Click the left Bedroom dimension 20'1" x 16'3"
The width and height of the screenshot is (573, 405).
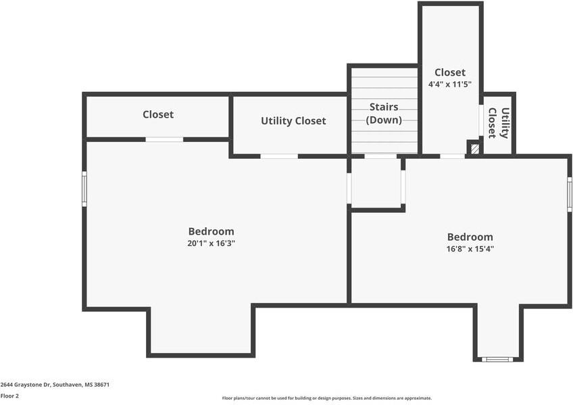click(x=211, y=243)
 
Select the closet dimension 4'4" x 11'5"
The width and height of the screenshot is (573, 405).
click(x=449, y=85)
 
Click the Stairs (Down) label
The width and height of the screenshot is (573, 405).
click(x=384, y=114)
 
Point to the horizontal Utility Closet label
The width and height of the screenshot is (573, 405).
click(x=293, y=121)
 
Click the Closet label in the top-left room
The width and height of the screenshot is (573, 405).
click(x=158, y=115)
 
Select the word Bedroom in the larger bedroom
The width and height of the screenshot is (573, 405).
click(x=211, y=231)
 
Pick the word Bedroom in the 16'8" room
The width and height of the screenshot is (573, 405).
click(x=470, y=237)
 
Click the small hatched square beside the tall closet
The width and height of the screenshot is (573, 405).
click(x=475, y=148)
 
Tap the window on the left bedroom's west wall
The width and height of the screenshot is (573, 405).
click(x=84, y=189)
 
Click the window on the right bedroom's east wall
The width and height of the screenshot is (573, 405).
click(x=570, y=195)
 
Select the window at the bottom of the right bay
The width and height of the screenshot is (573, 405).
click(x=498, y=359)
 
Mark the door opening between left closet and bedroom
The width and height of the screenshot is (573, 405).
click(x=164, y=139)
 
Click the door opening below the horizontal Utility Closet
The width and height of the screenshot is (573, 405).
click(x=279, y=156)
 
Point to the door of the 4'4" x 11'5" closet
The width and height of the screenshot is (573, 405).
click(x=452, y=156)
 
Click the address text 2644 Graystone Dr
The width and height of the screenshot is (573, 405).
click(x=55, y=384)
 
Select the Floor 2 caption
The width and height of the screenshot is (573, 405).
click(x=10, y=396)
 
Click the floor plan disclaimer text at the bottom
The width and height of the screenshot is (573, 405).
click(x=326, y=398)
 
